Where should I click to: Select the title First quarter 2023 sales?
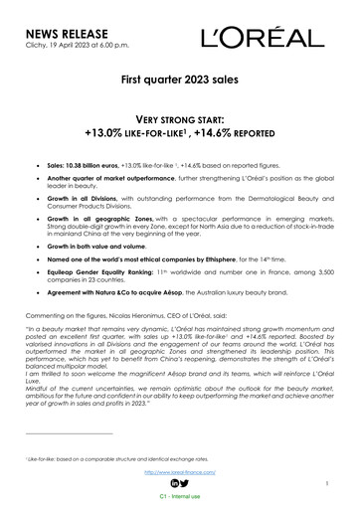(x=180, y=102)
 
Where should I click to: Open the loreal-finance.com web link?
(x=181, y=473)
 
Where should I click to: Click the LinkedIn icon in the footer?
(x=173, y=483)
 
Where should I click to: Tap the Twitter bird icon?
(x=188, y=483)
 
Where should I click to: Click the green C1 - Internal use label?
(x=180, y=496)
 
